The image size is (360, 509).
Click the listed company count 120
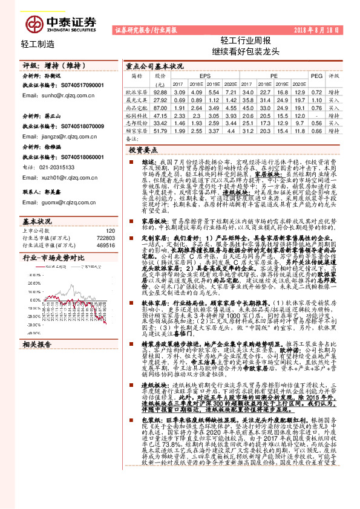click(110, 214)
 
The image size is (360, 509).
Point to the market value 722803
click(106, 221)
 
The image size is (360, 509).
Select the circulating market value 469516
click(106, 229)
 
